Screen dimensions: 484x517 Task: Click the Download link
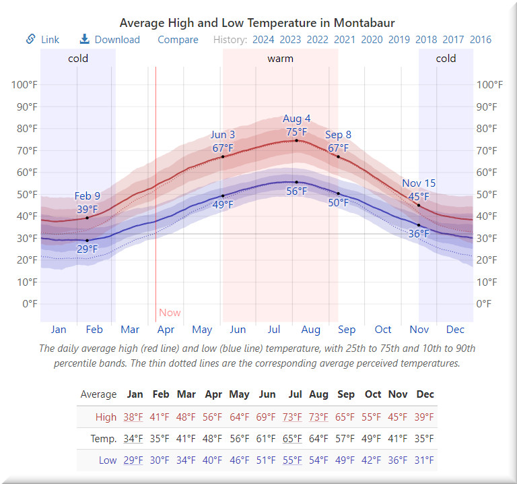(x=110, y=39)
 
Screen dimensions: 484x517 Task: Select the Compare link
(x=178, y=39)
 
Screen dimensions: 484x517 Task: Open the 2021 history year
(x=345, y=39)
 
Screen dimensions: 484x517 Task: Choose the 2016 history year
(x=481, y=39)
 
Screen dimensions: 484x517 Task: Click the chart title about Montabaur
(x=257, y=23)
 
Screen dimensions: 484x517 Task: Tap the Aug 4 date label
(x=297, y=119)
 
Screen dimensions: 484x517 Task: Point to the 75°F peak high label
(x=297, y=132)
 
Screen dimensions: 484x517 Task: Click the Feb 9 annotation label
(x=87, y=196)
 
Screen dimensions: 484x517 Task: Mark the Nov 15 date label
(x=419, y=183)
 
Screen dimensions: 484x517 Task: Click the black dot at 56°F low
(x=296, y=182)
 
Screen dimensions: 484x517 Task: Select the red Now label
(x=170, y=313)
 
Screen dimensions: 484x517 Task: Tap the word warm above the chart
(x=280, y=59)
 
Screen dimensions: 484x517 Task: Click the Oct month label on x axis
(x=383, y=330)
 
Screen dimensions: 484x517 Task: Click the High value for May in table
(x=239, y=417)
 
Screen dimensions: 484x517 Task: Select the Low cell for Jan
(x=133, y=460)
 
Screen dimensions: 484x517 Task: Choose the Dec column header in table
(x=425, y=394)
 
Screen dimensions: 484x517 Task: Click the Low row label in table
(x=108, y=460)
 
